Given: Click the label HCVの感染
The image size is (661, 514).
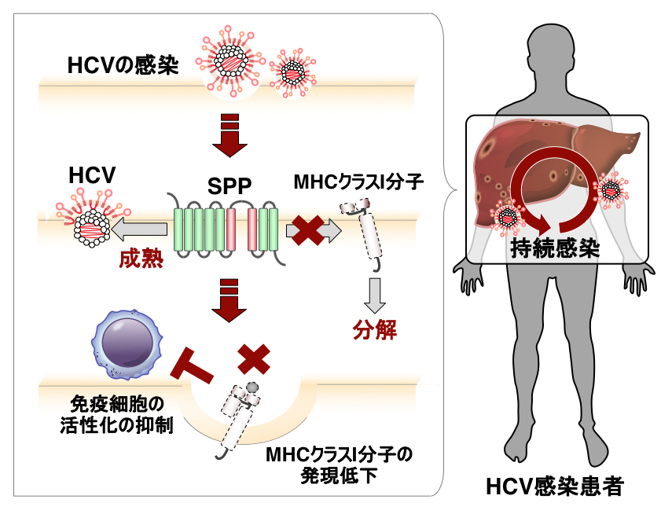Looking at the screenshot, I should pos(123,65).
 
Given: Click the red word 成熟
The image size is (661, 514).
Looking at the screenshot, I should pos(141,259).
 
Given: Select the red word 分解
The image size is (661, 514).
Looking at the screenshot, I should pos(374,329).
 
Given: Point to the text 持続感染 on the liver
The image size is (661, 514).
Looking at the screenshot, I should pos(555,249).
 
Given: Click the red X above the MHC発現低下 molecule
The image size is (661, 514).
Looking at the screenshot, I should pos(253,360).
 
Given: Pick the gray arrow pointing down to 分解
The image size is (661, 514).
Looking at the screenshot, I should pos(375,296).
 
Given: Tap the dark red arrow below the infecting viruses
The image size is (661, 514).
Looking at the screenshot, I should pos(230,135).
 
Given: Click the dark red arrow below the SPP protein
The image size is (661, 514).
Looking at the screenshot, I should pos(230,300).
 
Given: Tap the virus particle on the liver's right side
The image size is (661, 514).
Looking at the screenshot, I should pos(611,189).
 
